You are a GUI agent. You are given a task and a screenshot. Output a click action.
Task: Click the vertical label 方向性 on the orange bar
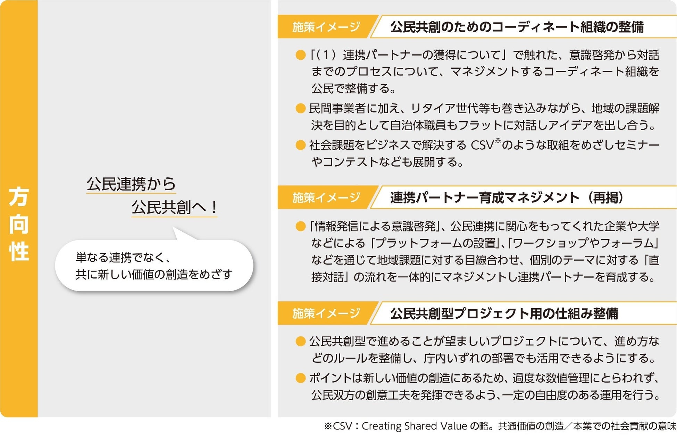(x=19, y=224)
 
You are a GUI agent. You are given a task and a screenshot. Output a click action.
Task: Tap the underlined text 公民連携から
(x=131, y=184)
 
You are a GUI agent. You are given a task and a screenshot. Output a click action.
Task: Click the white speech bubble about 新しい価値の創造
(x=154, y=266)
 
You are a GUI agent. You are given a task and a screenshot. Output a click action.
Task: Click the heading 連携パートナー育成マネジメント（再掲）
(x=507, y=198)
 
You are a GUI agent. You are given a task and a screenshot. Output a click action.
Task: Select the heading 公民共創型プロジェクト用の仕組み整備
(x=504, y=313)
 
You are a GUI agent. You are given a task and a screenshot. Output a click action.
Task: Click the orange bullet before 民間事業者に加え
(x=300, y=109)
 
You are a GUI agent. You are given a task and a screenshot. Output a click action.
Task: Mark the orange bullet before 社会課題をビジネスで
(x=300, y=145)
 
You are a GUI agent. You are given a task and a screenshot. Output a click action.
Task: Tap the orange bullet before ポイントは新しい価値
(x=300, y=378)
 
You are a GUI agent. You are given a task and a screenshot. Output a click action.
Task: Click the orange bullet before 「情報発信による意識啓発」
(x=300, y=227)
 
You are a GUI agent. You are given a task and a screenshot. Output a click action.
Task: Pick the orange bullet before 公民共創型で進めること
(x=300, y=342)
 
